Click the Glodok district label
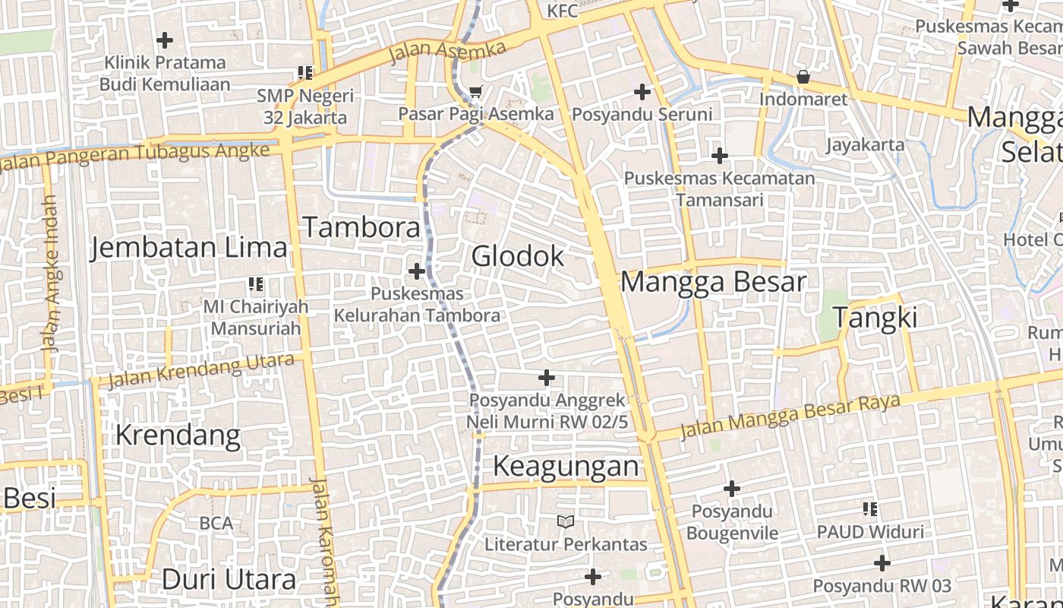tap(518, 256)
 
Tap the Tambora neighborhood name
tap(361, 227)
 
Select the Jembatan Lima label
tap(189, 248)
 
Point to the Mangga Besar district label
tap(713, 282)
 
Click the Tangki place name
tap(875, 318)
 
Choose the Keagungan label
tap(566, 465)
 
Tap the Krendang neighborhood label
tap(178, 435)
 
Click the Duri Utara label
tap(229, 580)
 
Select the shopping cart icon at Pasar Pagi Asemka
tap(476, 92)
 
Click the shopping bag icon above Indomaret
tap(803, 77)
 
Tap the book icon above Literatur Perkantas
tap(566, 521)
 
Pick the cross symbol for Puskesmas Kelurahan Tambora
tap(417, 271)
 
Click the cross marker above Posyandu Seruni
tap(642, 93)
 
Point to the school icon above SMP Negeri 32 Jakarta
tap(305, 73)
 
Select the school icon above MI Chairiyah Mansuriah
tap(256, 284)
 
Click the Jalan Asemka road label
tap(446, 52)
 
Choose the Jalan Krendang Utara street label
tap(200, 370)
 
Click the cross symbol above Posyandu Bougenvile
tap(732, 488)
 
